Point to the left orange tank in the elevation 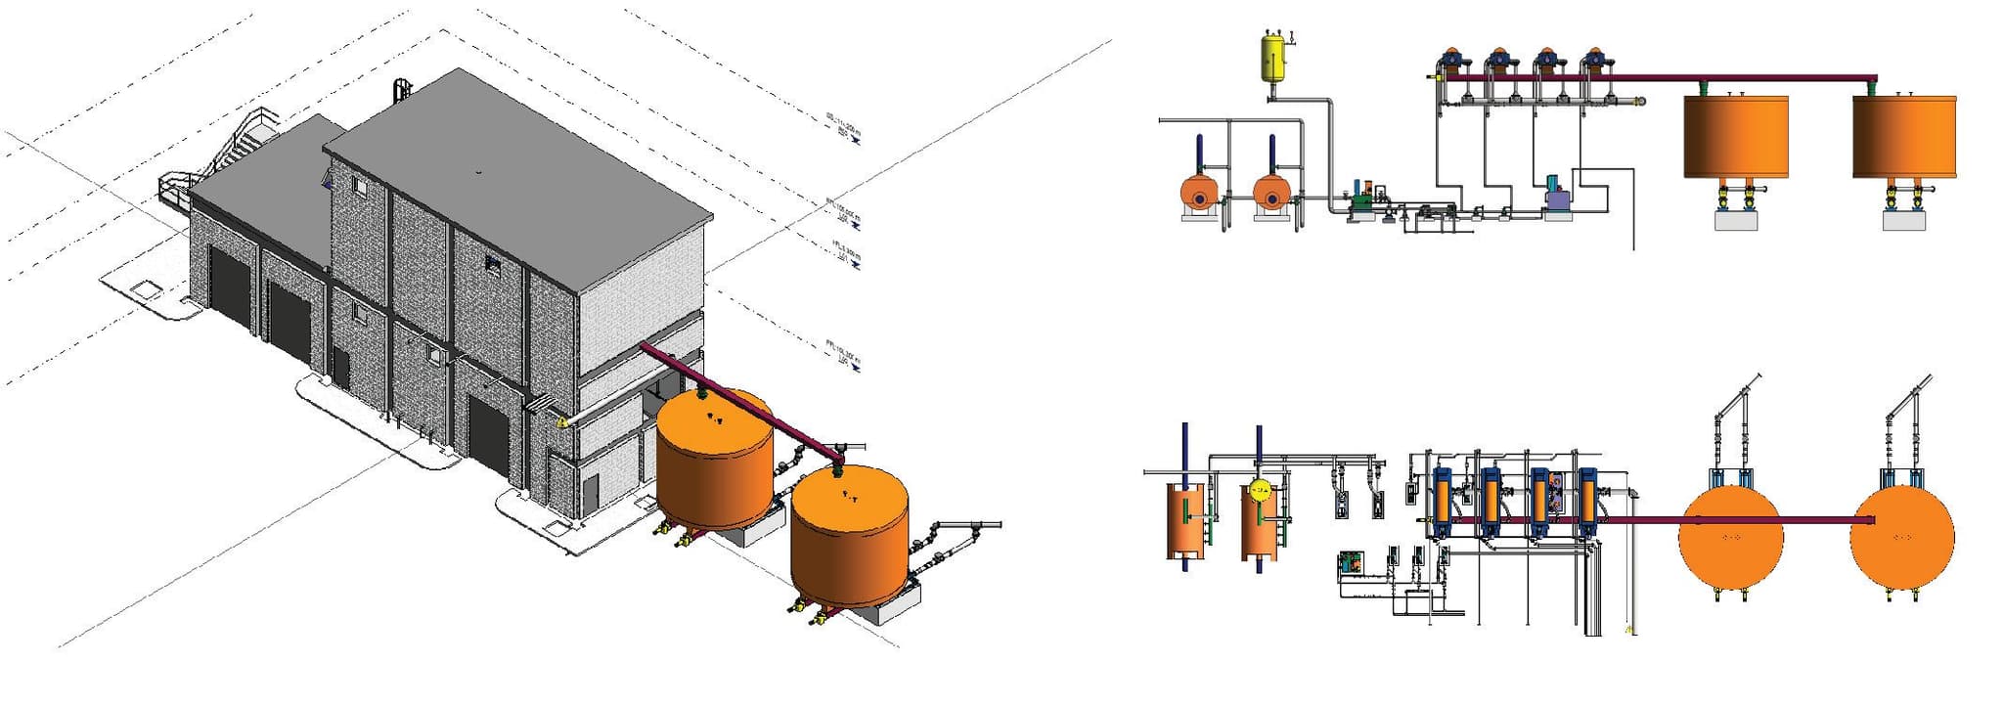coord(1735,136)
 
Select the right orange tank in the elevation coord(1904,136)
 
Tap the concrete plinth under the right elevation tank coord(1904,220)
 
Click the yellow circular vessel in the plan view coord(1260,490)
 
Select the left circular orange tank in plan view coord(1730,536)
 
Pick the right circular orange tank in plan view coord(1901,536)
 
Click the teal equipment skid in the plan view coord(1351,562)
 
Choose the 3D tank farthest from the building coord(849,536)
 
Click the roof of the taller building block coord(518,176)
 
